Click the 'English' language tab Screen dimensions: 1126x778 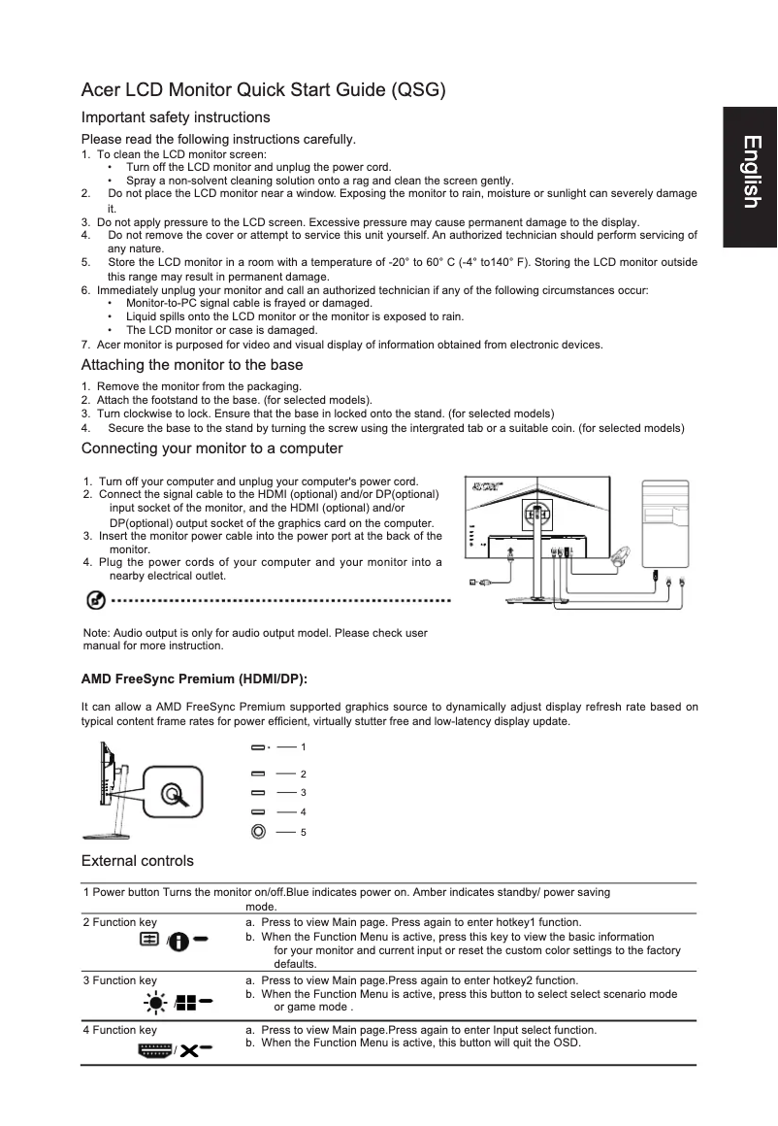(751, 173)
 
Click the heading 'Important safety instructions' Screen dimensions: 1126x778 (176, 117)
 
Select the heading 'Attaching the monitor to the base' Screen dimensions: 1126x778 (192, 365)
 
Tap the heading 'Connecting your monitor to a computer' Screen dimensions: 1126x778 (211, 448)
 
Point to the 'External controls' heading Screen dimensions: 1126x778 (137, 861)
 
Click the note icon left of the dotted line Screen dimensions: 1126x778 (96, 601)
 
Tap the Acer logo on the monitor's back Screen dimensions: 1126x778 (485, 488)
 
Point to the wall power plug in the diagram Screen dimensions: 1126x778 (478, 582)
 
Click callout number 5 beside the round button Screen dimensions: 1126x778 (304, 832)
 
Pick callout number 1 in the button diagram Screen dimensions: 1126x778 (304, 747)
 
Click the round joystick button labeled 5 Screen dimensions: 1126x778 (258, 831)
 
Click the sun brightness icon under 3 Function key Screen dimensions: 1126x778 (157, 1001)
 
